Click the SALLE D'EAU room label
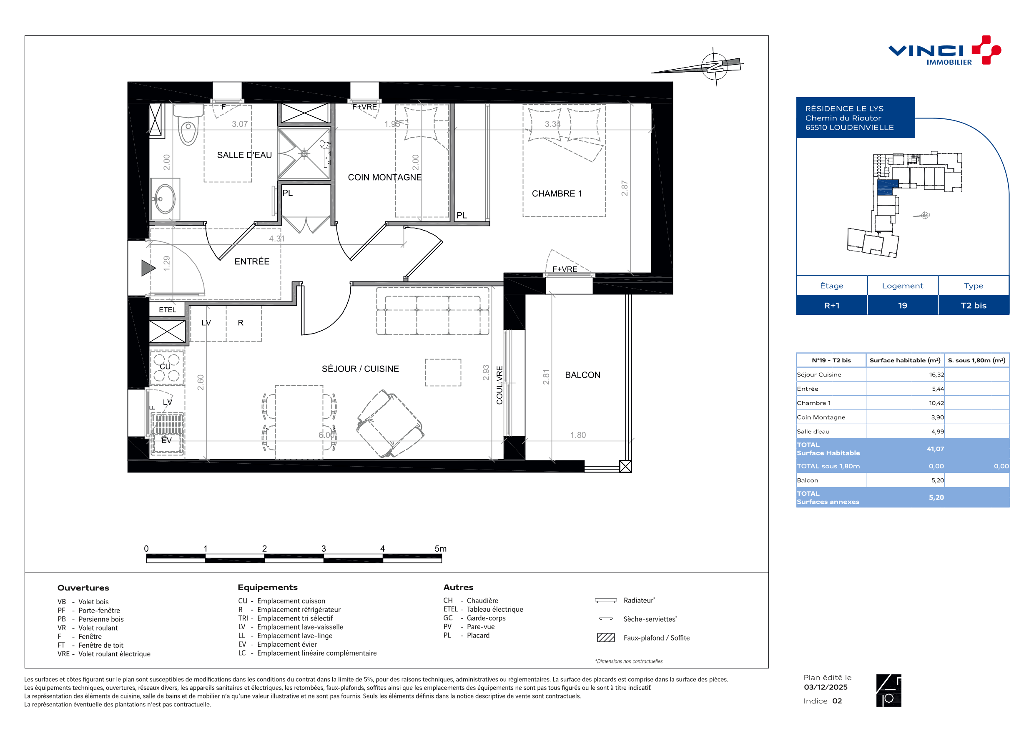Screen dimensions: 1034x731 [245, 155]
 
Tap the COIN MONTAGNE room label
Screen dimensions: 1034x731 [384, 178]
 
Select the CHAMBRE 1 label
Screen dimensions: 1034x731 [557, 193]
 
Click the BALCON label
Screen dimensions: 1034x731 [582, 375]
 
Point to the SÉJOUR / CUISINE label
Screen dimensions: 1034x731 [360, 369]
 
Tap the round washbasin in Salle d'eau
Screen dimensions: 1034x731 [165, 198]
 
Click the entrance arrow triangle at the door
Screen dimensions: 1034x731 [148, 268]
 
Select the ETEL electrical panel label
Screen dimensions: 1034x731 [168, 310]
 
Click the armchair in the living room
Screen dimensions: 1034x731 [390, 423]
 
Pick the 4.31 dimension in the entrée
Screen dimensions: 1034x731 [277, 239]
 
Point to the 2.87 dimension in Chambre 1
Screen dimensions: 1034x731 [625, 188]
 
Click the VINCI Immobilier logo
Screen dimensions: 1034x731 [945, 51]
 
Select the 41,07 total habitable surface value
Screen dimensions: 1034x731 [935, 449]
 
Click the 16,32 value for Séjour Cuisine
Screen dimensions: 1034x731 [936, 375]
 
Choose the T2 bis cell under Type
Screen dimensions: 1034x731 [974, 306]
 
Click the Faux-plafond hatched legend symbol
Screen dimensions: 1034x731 [606, 638]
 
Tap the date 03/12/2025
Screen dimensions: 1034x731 [826, 687]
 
